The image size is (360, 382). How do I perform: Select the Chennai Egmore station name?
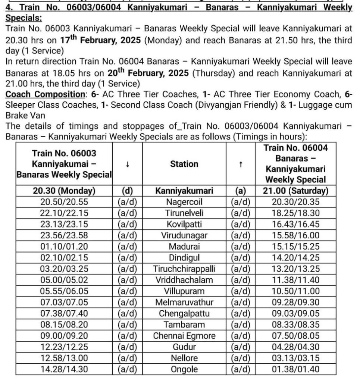coord(184,335)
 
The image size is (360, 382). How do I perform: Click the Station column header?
coord(184,164)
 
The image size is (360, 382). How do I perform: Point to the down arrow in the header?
coord(128,164)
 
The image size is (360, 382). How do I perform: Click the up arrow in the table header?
coord(241,164)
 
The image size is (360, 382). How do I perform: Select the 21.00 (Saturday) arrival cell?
coord(295,191)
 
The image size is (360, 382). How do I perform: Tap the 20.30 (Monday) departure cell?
coord(64,191)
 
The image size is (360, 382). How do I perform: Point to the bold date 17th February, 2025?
coord(100,40)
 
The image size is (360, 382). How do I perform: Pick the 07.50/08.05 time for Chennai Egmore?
coord(295,335)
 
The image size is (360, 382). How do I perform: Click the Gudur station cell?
coord(184,347)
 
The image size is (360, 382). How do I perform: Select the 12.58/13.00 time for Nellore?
coord(64,358)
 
